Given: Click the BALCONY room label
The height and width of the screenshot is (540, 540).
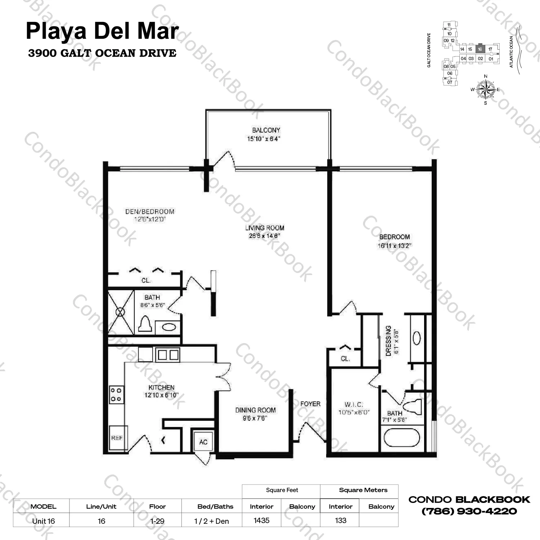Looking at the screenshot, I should pos(266,130).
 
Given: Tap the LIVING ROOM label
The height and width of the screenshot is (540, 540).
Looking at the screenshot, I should pos(265,228).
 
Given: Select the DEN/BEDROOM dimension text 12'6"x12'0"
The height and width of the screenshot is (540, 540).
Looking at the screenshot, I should pos(150,219).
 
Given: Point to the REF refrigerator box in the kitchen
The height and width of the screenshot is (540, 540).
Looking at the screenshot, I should pos(117,438).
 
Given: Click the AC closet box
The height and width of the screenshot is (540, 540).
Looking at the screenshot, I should pos(203,442).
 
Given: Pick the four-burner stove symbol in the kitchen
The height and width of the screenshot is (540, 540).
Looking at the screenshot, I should pos(116,395).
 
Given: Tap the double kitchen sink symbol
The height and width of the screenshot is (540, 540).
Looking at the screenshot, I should pos(168,355).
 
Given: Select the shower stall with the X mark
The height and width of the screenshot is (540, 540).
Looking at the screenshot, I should pos(121,312).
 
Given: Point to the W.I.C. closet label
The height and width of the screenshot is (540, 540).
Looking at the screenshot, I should pos(354,404).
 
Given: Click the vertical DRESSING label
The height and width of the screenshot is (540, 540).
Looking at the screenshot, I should pos(388,341).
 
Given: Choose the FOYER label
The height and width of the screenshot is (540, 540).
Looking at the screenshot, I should pos(310,404).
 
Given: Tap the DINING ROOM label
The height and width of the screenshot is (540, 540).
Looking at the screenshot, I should pos(255,410).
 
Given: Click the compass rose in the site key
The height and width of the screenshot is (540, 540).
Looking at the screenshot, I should pos(486,89).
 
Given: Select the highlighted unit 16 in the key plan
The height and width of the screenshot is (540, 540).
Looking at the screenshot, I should pos(480,49).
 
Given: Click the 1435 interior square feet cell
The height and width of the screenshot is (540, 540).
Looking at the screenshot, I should pos(261,520).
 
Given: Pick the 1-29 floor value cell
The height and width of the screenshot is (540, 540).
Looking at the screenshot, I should pos(157,521).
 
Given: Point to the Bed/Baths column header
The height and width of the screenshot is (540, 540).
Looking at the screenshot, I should pos(215,507).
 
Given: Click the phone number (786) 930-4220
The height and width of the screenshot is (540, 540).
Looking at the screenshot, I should pos(469,511).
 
